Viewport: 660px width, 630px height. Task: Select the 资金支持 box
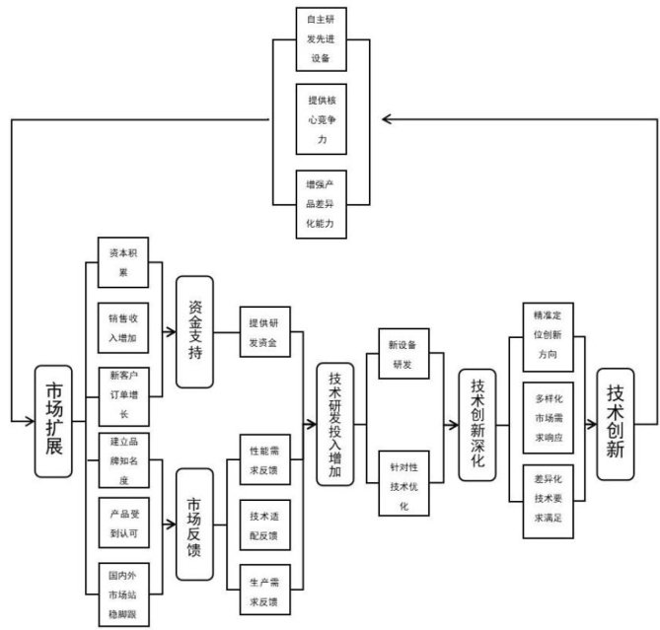[x=194, y=332]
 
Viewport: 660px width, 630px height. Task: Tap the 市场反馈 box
[x=194, y=524]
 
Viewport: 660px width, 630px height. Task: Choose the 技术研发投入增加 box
[x=335, y=424]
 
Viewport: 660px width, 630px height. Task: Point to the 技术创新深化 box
[x=477, y=424]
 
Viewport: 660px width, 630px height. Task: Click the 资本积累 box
[x=123, y=262]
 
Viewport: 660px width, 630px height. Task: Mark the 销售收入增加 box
[x=123, y=329]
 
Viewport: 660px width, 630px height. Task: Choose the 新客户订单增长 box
[x=123, y=394]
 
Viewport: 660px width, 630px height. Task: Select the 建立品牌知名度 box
[x=123, y=459]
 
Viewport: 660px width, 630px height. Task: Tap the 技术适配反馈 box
[x=263, y=524]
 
